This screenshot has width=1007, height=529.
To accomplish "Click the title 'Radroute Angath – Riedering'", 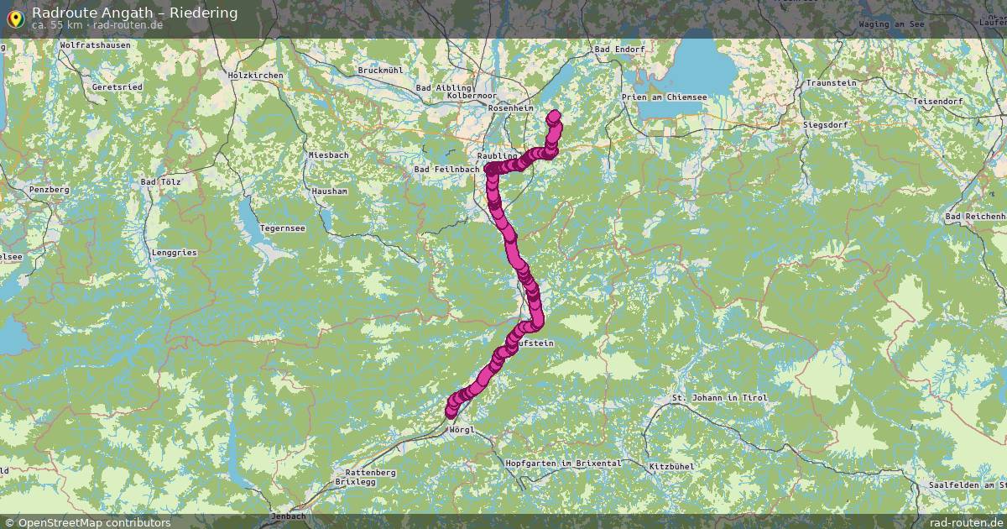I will tap(134, 12).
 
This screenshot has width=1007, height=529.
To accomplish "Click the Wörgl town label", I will tap(462, 430).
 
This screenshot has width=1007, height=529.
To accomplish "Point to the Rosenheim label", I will tap(510, 108).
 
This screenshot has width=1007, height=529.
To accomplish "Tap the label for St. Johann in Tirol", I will tap(720, 397).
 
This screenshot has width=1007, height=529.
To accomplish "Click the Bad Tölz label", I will tap(160, 181).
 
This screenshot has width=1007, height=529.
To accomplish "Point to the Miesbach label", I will tap(328, 155).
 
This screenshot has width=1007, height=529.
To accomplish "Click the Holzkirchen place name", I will tap(255, 76).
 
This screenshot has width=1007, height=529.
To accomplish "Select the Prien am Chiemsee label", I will tap(664, 97).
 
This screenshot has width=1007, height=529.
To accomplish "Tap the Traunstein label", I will tap(831, 83).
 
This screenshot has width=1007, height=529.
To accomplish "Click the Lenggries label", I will tap(174, 252).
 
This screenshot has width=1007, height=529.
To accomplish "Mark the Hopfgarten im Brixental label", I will tap(563, 464).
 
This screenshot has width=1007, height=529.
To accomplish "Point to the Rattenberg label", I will tap(370, 472).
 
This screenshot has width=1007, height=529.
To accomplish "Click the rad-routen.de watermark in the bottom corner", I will tap(966, 522).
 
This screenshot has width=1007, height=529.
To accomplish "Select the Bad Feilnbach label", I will tap(446, 170).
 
